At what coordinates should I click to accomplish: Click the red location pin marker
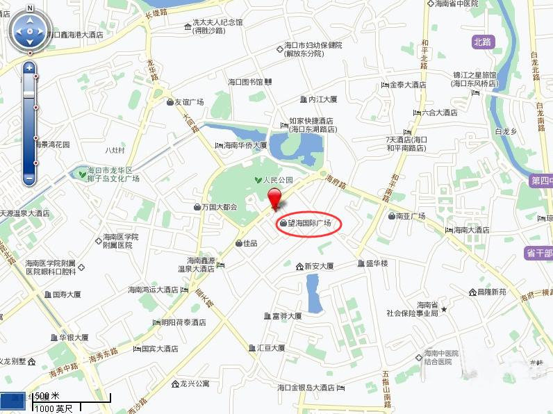[276, 197]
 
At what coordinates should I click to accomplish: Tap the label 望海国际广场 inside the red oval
[308, 224]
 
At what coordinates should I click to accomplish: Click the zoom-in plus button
[29, 68]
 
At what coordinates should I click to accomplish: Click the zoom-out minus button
[29, 179]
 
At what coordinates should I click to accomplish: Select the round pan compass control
[30, 31]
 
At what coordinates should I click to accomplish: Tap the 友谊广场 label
[188, 102]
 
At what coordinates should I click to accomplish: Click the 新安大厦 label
[319, 266]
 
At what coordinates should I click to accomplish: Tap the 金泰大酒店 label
[407, 85]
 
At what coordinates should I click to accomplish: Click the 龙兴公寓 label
[195, 383]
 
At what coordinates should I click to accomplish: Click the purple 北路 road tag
[481, 42]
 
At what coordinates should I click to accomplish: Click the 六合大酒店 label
[439, 113]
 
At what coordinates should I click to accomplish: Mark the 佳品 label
[249, 243]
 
